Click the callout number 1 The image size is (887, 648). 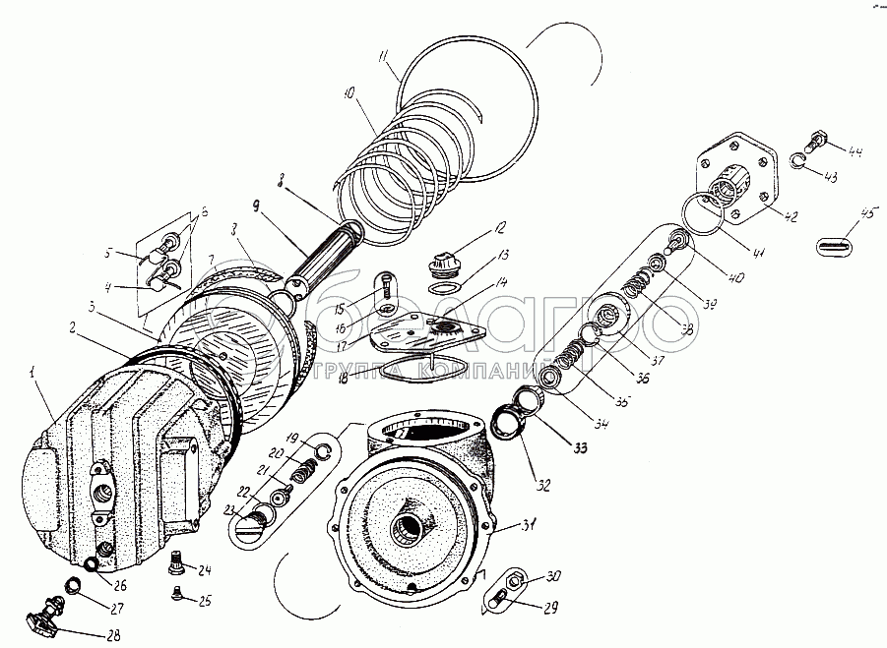click(33, 373)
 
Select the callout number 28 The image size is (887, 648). click(114, 634)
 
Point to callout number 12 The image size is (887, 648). click(502, 229)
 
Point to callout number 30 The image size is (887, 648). click(526, 576)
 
